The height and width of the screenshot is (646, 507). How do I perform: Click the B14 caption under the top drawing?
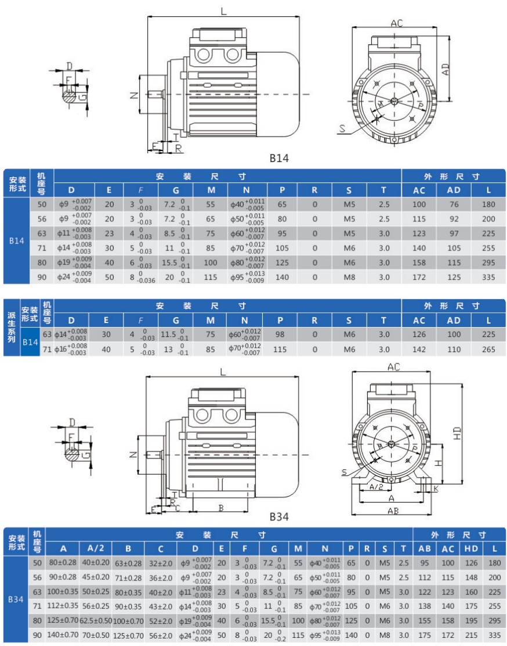click(x=279, y=158)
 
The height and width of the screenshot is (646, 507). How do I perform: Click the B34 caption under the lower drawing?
click(x=279, y=516)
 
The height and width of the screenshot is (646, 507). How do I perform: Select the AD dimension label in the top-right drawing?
click(x=446, y=69)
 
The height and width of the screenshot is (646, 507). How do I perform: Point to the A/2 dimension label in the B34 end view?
click(x=376, y=487)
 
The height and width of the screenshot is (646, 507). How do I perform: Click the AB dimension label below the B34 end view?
click(x=393, y=511)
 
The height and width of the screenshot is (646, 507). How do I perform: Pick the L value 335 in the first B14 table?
click(x=488, y=277)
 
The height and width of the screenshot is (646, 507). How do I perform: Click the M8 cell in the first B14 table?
click(x=349, y=277)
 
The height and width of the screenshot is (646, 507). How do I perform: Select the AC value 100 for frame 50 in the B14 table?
click(x=419, y=204)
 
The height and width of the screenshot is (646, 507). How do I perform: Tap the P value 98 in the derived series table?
click(x=280, y=335)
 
